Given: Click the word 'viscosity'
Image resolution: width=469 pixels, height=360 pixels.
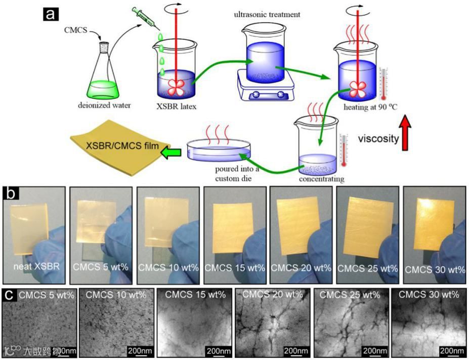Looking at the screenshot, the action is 377,138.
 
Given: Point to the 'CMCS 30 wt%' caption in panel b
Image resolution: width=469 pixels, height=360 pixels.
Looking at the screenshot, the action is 435,269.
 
